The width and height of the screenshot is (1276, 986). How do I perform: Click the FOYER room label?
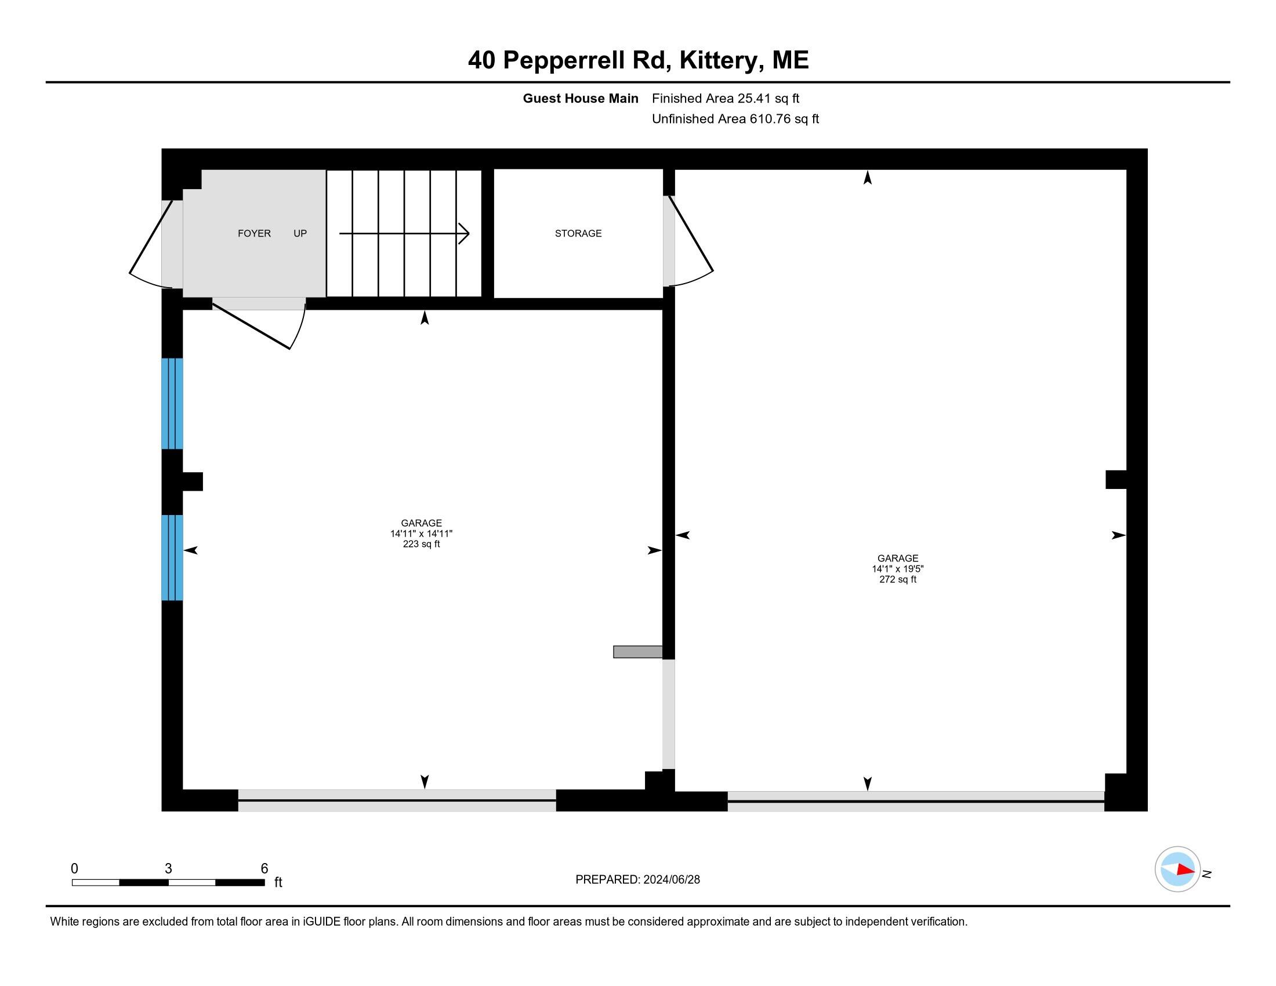(254, 234)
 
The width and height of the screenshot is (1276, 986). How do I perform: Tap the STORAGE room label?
(578, 234)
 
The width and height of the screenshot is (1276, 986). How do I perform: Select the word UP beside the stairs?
(300, 234)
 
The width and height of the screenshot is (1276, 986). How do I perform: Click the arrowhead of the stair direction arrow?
(465, 234)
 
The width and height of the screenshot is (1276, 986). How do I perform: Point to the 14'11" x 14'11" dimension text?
(421, 534)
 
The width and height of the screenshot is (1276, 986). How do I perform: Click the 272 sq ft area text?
(897, 579)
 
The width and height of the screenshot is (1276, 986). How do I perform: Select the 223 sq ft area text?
(421, 545)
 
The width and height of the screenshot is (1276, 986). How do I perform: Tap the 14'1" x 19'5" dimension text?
(897, 569)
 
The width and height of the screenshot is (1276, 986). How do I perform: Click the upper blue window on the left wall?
(172, 404)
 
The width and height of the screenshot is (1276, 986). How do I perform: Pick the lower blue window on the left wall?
(172, 557)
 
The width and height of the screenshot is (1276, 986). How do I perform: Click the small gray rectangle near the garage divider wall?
(637, 652)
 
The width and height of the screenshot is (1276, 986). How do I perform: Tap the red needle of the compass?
(1186, 870)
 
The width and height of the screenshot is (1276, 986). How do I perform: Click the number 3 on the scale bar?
(168, 869)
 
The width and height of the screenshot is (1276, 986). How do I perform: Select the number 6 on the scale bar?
(264, 869)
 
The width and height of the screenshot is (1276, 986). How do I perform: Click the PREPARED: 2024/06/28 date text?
(637, 880)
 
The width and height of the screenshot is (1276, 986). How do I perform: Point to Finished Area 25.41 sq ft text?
(725, 99)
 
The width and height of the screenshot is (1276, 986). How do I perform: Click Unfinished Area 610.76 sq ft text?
(735, 119)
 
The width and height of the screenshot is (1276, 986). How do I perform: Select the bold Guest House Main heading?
(580, 99)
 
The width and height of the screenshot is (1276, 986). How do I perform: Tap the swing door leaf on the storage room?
(691, 234)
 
